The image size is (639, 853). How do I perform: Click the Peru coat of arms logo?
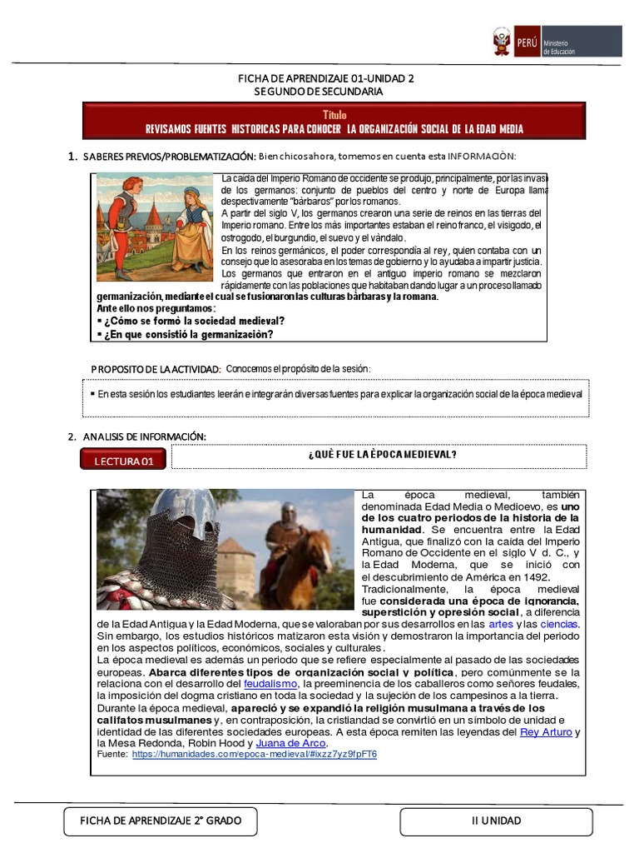point(502,42)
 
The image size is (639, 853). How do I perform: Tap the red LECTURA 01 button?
point(123,460)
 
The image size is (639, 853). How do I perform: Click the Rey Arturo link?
point(546,731)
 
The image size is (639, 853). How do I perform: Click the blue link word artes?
point(501,623)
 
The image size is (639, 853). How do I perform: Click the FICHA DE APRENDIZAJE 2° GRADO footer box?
point(161,821)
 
